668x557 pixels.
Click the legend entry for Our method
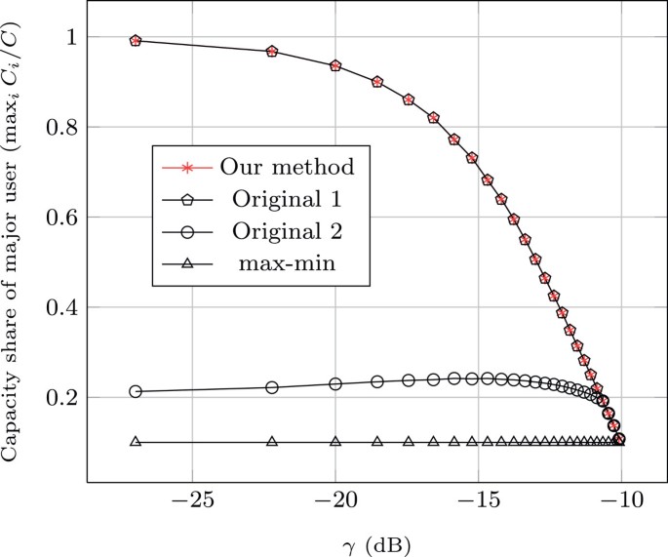click(x=287, y=166)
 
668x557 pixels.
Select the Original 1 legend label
click(x=286, y=200)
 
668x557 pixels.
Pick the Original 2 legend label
click(x=286, y=234)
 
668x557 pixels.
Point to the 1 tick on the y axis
click(x=72, y=37)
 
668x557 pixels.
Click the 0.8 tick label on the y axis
click(x=63, y=127)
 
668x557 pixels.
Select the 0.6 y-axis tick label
click(x=63, y=218)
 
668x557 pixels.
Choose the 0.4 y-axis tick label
click(x=63, y=307)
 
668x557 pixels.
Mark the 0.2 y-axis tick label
click(x=63, y=398)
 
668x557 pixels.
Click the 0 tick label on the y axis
click(x=72, y=488)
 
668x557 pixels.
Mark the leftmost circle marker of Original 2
click(x=136, y=391)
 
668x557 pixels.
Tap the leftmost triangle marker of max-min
click(x=136, y=442)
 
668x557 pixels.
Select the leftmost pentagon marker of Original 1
click(x=136, y=41)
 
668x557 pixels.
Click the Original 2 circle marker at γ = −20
click(x=335, y=383)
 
